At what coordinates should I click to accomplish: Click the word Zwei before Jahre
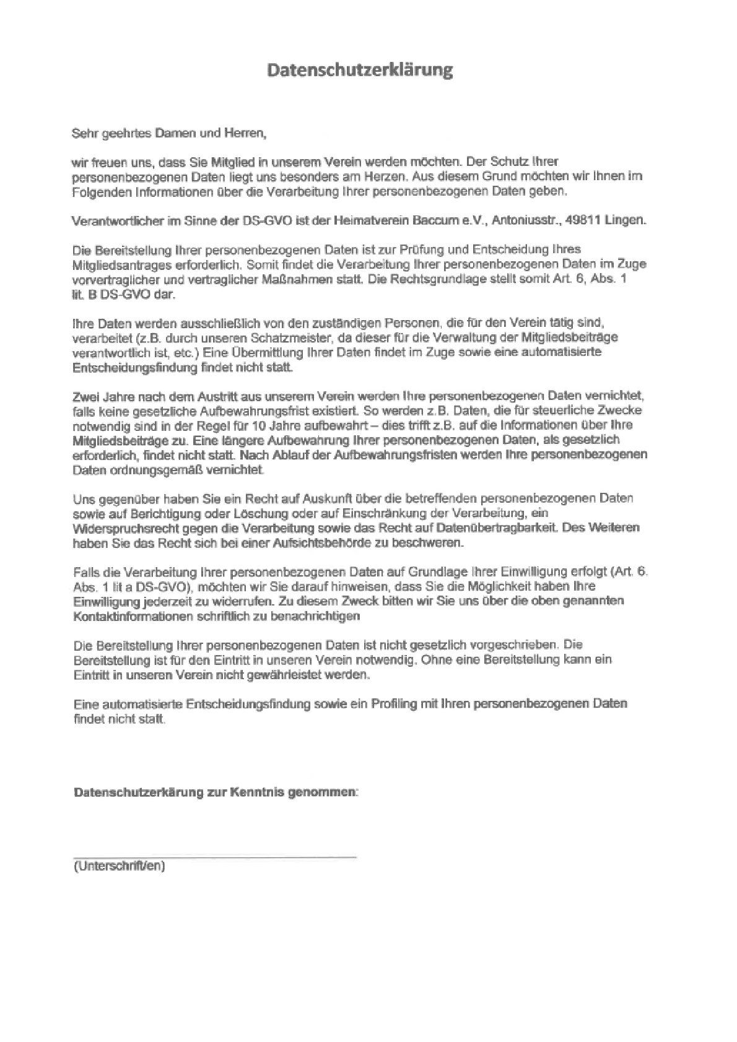[x=86, y=396]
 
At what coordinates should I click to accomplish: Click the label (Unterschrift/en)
[x=119, y=866]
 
